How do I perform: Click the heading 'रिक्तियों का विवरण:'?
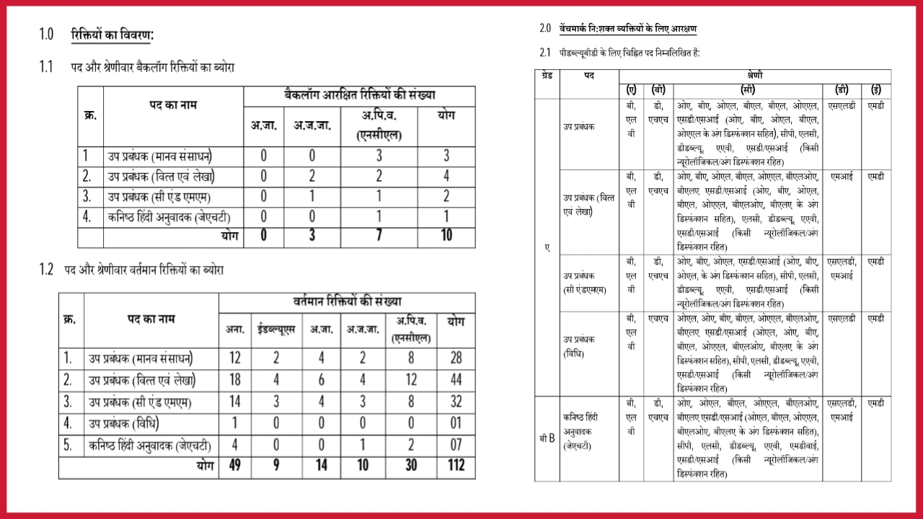tap(112, 35)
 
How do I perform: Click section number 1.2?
tap(46, 270)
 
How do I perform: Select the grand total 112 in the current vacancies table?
tap(455, 466)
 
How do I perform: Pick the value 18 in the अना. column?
tap(234, 380)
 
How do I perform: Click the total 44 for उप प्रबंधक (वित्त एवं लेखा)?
tap(455, 380)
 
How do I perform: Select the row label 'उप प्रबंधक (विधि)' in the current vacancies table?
tap(124, 423)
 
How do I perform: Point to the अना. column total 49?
tap(234, 466)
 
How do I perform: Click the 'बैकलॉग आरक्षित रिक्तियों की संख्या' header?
tap(359, 95)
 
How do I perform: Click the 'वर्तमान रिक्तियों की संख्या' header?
tap(347, 301)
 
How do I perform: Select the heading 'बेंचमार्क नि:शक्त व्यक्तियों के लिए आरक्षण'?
tap(627, 29)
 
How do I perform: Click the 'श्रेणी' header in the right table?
tap(755, 75)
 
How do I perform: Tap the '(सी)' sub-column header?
tap(748, 90)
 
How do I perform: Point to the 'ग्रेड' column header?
tap(546, 75)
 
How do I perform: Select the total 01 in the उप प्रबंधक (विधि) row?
tap(455, 423)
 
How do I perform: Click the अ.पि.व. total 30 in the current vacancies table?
tap(411, 466)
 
